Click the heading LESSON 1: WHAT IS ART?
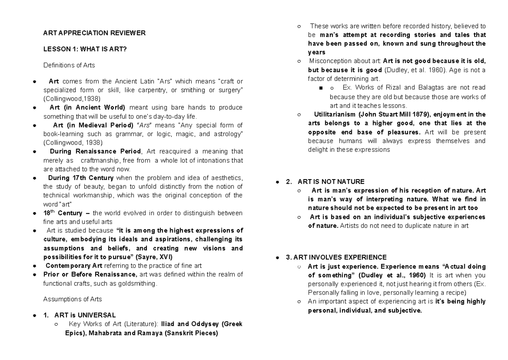85,49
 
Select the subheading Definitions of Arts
69,65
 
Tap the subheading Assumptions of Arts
72,299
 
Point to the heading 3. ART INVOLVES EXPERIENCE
336,257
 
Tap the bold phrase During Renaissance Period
95,151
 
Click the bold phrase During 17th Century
81,177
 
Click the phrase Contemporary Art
74,266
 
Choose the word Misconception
330,61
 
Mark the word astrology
229,134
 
